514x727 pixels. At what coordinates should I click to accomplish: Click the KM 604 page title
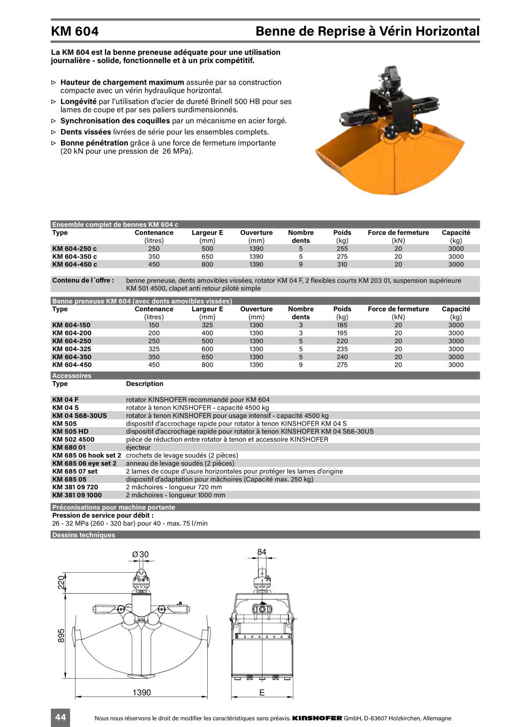[75, 31]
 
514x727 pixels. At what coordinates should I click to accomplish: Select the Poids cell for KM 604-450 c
[342, 264]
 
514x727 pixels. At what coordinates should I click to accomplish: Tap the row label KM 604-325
[71, 349]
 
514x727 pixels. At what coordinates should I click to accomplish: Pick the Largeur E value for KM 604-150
[207, 325]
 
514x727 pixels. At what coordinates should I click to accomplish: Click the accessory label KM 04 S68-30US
[79, 415]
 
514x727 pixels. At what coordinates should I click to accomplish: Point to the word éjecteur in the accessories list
[138, 448]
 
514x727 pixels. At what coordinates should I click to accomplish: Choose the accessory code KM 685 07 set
[75, 472]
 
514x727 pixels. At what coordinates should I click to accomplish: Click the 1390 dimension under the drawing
[142, 693]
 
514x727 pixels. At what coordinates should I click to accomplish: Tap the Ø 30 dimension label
[140, 555]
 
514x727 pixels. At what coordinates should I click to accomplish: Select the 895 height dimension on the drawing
[61, 635]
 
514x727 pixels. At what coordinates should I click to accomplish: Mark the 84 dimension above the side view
[261, 552]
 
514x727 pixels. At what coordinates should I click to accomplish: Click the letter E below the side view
[262, 693]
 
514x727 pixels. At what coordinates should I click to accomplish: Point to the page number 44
[61, 717]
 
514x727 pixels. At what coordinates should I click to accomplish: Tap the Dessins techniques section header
[84, 535]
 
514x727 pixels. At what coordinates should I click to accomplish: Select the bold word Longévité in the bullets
[78, 101]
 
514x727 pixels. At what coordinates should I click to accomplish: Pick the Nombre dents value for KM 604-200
[300, 333]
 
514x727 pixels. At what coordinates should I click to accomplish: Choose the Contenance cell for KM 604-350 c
[154, 256]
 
